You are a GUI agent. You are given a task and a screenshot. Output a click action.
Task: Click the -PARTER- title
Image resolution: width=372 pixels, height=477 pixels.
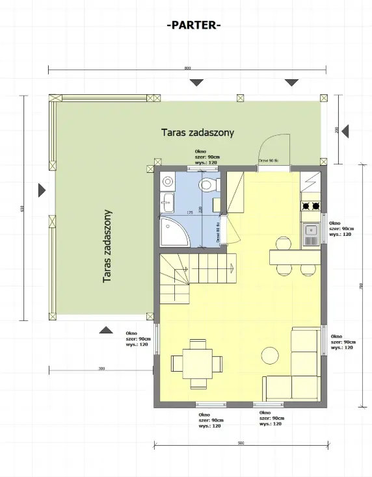[194, 25]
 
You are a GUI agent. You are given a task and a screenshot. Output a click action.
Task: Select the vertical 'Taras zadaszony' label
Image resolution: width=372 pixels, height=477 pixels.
[108, 246]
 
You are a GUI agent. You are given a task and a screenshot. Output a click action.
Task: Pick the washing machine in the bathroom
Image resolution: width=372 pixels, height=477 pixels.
[166, 182]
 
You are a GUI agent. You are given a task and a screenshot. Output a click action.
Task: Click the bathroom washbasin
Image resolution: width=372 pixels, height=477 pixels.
[166, 203]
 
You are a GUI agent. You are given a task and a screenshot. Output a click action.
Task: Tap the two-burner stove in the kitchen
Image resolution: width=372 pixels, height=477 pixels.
[310, 207]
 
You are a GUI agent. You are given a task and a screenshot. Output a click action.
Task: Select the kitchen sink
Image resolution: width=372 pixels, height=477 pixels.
[311, 229]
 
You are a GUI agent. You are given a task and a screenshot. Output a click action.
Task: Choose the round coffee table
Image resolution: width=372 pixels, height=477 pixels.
[269, 355]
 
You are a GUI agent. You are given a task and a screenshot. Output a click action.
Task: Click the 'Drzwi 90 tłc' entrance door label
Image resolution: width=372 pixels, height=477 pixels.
[269, 161]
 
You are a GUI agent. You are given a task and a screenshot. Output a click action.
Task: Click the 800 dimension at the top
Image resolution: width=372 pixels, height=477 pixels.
[187, 68]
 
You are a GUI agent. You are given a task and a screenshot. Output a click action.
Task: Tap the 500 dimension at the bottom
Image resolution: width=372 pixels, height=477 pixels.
[241, 443]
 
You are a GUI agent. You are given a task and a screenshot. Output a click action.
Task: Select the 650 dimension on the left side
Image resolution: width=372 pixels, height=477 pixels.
[23, 208]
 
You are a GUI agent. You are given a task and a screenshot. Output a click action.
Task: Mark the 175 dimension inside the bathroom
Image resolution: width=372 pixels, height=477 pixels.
[190, 213]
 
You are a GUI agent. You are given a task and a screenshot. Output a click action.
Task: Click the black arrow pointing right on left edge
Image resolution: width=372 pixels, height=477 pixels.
[42, 190]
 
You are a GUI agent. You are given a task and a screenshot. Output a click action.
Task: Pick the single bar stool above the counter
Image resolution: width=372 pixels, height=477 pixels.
[282, 244]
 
